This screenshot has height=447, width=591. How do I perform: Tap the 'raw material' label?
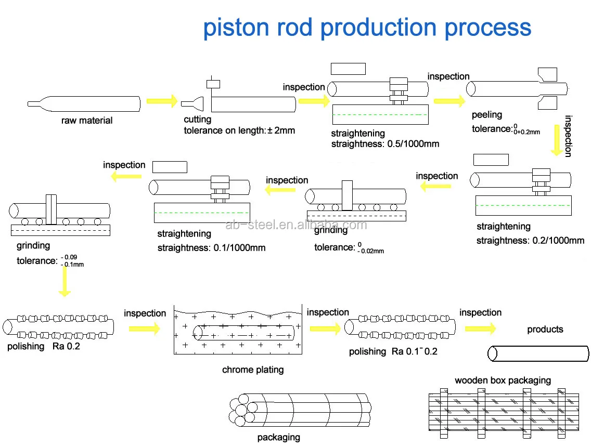(87, 121)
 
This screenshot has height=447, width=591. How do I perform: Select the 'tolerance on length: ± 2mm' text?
(239, 130)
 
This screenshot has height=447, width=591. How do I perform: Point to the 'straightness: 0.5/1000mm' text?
(385, 143)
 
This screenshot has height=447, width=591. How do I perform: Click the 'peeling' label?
(487, 114)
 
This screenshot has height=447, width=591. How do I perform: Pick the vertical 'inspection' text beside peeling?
(568, 136)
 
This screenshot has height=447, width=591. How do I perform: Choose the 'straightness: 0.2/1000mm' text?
(530, 240)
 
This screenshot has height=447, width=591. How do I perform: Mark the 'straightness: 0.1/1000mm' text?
(211, 247)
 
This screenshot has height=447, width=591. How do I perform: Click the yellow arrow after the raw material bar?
(162, 101)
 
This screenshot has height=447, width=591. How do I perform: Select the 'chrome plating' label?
(253, 370)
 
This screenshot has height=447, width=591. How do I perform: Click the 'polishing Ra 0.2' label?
(44, 346)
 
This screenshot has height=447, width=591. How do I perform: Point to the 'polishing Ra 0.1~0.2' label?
(393, 351)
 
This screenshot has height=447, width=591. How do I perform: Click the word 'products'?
(545, 329)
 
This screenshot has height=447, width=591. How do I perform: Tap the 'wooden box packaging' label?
(503, 380)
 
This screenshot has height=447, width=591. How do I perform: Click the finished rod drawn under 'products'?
(538, 354)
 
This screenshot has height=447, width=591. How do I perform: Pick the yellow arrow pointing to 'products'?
(480, 329)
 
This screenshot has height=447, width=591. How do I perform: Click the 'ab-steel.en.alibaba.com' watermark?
(297, 225)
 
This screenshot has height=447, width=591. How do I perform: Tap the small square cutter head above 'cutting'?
(213, 84)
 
